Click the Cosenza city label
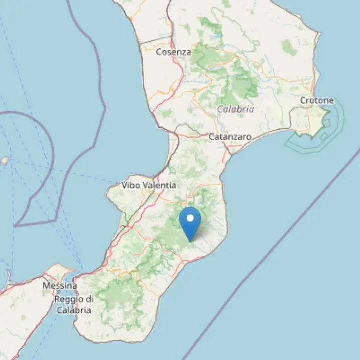[173, 51]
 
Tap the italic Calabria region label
[236, 109]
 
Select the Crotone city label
[317, 100]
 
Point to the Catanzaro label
[230, 136]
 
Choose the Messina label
[60, 286]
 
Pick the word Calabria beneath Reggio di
[73, 310]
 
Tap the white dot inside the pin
[190, 218]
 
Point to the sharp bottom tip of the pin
[190, 241]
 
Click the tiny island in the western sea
[4, 161]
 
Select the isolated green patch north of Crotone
[288, 47]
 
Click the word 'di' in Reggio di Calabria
[89, 299]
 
